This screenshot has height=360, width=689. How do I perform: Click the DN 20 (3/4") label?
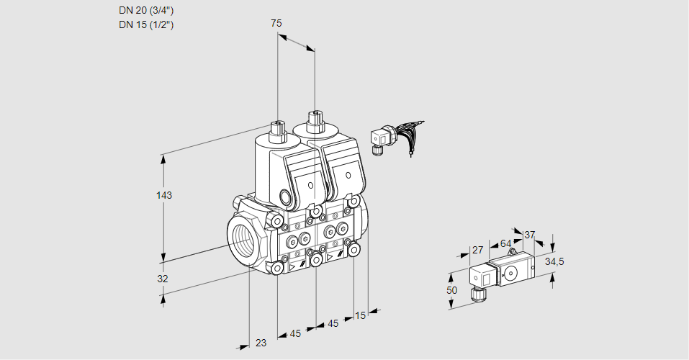146,10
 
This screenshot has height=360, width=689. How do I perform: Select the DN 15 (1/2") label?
146,24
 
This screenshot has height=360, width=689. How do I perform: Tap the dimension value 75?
276,23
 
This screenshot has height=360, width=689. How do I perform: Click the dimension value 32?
163,279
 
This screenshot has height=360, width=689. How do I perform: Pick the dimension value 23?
261,343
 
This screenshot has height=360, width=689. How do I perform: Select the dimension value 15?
361,315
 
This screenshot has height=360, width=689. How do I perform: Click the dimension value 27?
477,251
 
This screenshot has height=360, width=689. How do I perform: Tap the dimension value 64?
505,243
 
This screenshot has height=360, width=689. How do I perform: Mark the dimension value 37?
529,235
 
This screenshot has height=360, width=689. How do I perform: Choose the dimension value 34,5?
554,261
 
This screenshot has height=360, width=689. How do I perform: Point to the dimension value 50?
451,290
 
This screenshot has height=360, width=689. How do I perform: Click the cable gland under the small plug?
476,293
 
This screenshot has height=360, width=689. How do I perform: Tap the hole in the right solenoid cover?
348,175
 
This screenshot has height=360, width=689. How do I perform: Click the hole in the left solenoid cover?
310,185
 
